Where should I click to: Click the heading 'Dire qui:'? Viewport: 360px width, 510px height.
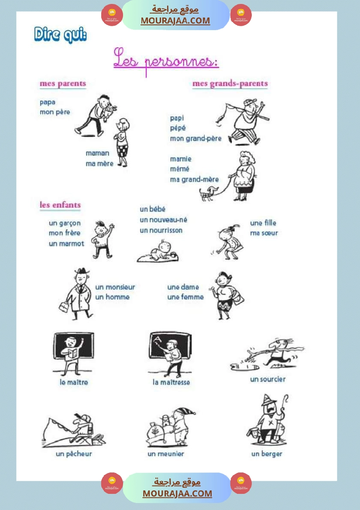coord(60,35)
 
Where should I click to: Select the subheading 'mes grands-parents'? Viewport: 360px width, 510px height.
coord(230,84)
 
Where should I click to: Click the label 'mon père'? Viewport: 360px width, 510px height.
coord(55,112)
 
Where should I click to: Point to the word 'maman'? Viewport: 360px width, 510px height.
coord(97,153)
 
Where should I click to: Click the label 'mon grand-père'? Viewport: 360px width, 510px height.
coord(195,139)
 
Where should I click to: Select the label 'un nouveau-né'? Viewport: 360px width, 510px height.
coord(163,220)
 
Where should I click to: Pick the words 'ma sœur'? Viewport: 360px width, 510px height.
coord(264,233)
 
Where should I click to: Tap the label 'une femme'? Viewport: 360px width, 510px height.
coord(185,297)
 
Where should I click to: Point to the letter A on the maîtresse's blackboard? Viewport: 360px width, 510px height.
coord(158,339)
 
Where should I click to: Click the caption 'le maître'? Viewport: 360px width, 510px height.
coord(74,383)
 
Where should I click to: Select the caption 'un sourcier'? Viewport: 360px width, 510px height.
coord(267,379)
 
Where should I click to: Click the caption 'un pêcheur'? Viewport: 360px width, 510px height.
coord(74,454)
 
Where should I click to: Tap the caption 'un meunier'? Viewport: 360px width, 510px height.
coord(166,454)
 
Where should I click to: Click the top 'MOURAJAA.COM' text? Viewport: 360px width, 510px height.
coord(175,21)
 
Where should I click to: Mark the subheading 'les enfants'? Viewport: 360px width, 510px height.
coord(60,205)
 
